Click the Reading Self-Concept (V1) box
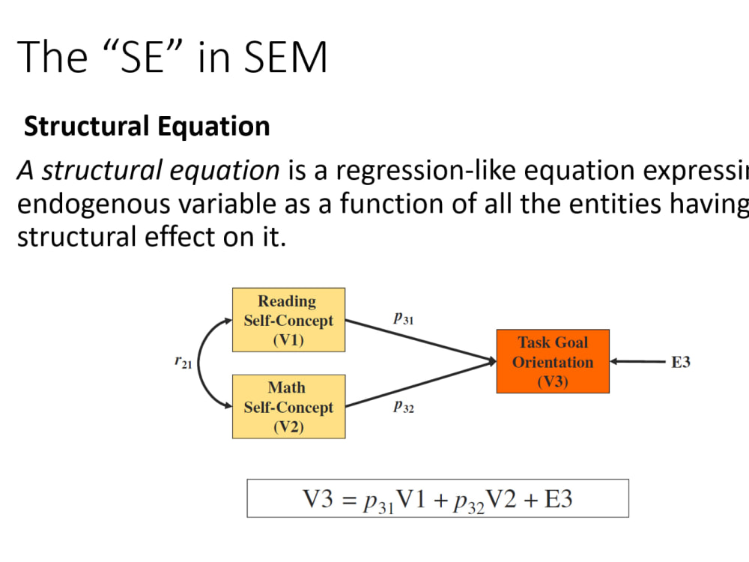click(x=288, y=320)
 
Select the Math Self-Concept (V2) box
click(x=288, y=407)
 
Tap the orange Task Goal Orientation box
click(x=553, y=361)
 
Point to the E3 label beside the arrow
click(x=680, y=362)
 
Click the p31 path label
click(x=404, y=318)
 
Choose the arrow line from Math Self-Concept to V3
click(x=419, y=384)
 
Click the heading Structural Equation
click(x=147, y=127)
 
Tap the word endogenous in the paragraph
click(x=94, y=203)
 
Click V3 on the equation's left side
click(x=315, y=499)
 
